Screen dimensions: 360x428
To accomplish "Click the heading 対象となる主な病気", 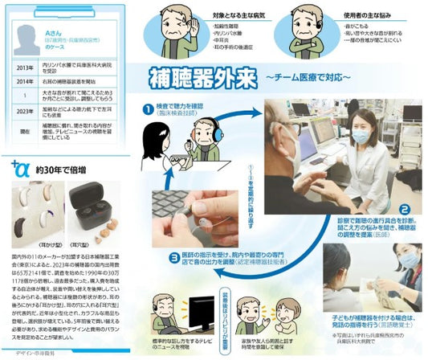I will [x=259, y=14].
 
